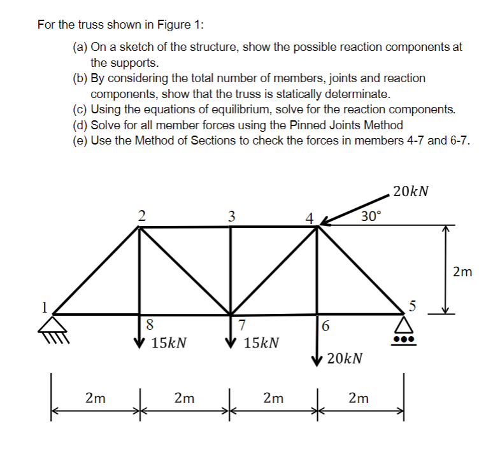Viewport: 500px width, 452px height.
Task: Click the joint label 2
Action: coord(142,215)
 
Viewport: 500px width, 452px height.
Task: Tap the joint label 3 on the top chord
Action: coord(231,215)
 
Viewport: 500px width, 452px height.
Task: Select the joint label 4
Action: coord(309,216)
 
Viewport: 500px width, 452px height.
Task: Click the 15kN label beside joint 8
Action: coord(169,343)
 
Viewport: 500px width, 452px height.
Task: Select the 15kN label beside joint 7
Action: coord(261,343)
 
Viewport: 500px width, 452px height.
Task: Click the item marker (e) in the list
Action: coord(81,140)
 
